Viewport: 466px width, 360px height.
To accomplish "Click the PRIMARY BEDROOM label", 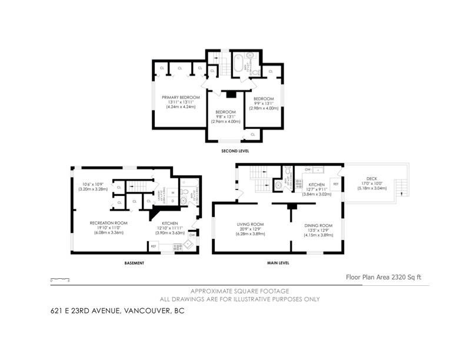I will click(x=181, y=97).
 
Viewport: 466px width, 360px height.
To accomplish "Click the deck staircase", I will click(x=401, y=189).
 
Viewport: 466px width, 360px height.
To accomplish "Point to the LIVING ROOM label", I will click(x=250, y=224).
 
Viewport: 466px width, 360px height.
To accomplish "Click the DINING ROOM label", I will click(x=318, y=225).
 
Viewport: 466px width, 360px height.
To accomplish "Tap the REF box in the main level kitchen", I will click(x=335, y=184).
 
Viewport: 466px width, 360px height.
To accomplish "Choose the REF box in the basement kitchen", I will click(x=154, y=246).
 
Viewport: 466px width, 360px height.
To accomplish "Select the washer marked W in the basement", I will click(x=173, y=192).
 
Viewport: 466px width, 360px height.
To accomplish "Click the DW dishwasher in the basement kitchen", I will click(x=192, y=235).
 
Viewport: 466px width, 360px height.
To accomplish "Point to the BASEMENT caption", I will click(x=134, y=263).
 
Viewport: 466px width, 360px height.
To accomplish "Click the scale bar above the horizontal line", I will click(x=61, y=279).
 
